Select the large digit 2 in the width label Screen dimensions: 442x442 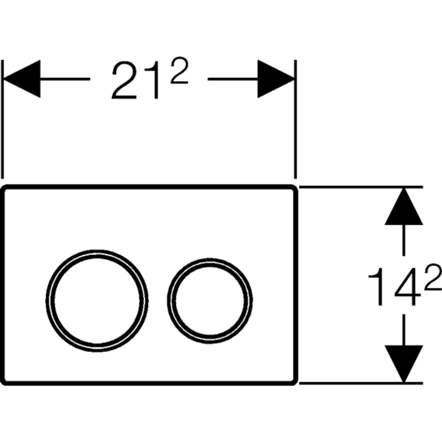[124, 80]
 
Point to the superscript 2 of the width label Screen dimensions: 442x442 [179, 70]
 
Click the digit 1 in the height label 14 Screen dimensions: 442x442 [377, 287]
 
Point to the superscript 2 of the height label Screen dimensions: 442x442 [434, 277]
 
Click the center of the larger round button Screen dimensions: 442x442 [97, 301]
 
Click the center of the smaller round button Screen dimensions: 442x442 [210, 301]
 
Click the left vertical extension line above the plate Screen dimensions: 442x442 [2, 119]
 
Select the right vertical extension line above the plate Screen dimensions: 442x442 [295, 119]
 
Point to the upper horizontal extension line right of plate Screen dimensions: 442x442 [361, 187]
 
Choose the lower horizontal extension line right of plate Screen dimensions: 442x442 [361, 383]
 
